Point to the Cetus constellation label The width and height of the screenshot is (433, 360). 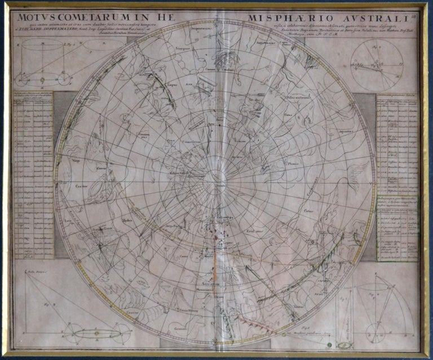click(x=310, y=212)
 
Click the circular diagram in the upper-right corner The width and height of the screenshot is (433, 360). click(x=376, y=65)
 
